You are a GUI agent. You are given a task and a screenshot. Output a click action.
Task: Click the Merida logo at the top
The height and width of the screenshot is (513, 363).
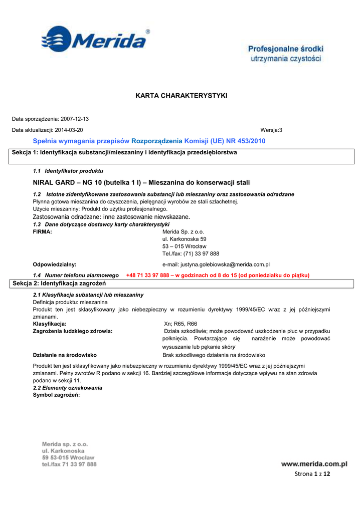click(95, 39)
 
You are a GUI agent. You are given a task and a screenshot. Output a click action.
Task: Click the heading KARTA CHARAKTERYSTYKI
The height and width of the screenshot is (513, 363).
click(181, 95)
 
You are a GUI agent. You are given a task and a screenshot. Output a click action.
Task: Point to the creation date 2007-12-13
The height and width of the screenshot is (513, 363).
click(74, 119)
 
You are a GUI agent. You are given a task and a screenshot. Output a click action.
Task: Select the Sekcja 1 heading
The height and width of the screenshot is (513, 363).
click(124, 152)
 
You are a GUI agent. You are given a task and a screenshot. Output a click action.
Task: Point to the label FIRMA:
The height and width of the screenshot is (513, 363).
click(42, 232)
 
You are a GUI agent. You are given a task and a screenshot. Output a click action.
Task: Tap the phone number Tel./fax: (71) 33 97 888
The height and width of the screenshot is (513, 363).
click(191, 253)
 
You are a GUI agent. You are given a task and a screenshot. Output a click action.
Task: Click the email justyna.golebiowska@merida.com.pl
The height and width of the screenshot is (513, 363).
click(216, 264)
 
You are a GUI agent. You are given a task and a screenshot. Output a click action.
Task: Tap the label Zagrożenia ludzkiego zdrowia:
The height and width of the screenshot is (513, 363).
click(72, 331)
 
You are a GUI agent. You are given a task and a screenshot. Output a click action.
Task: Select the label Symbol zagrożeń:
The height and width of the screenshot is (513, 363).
click(56, 395)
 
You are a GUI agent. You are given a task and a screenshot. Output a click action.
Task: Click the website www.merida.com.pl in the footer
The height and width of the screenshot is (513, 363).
click(314, 464)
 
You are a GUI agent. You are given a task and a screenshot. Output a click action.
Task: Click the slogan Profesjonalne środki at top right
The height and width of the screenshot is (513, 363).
click(286, 49)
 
